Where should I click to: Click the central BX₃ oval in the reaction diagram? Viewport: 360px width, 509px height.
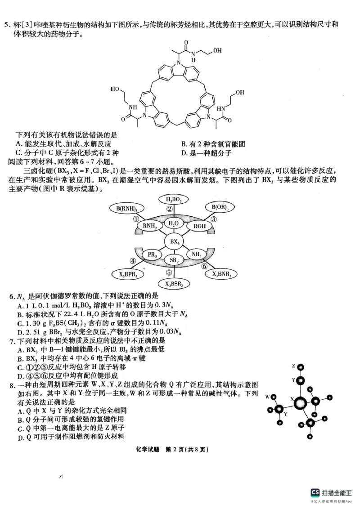tap(175, 242)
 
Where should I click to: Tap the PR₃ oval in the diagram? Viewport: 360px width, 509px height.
tap(152, 254)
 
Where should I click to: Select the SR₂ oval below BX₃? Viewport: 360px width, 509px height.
tap(175, 260)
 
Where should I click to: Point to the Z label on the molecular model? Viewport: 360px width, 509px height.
tap(293, 366)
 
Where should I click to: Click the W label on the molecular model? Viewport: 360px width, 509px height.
tap(267, 397)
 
